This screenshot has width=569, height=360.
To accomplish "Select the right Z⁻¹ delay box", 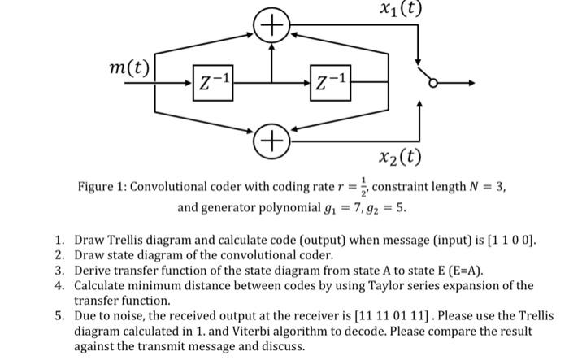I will (x=332, y=83).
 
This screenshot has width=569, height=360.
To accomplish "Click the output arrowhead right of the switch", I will (x=467, y=83).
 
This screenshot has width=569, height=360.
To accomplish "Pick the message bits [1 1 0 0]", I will (x=508, y=241).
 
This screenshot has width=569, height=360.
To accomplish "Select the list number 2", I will (x=59, y=256).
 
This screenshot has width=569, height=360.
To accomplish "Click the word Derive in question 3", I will (x=92, y=271).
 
